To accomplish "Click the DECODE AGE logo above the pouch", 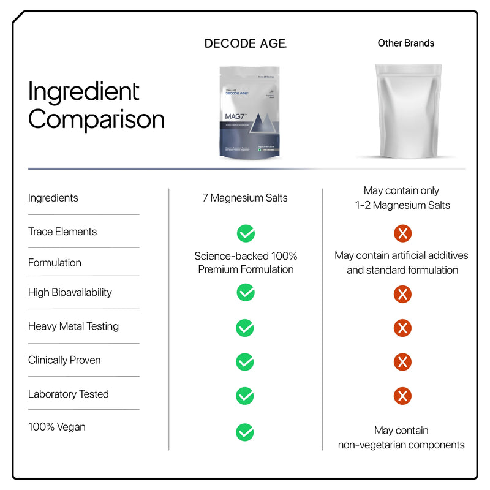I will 245,43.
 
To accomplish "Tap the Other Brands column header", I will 405,43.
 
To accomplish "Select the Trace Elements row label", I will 62,232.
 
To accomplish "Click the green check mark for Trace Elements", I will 245,233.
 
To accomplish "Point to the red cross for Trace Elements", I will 402,233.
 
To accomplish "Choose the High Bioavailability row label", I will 70,292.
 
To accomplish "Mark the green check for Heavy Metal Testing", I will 245,328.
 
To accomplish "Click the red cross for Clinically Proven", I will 402,362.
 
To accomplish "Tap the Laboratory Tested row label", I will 68,394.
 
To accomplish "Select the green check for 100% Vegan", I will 245,432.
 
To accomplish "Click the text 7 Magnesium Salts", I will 245,198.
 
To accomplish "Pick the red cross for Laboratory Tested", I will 402,396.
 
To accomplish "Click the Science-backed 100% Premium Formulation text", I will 246,263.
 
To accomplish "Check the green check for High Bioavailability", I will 245,293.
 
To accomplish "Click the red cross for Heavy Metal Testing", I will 402,328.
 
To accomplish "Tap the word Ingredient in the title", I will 84,92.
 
